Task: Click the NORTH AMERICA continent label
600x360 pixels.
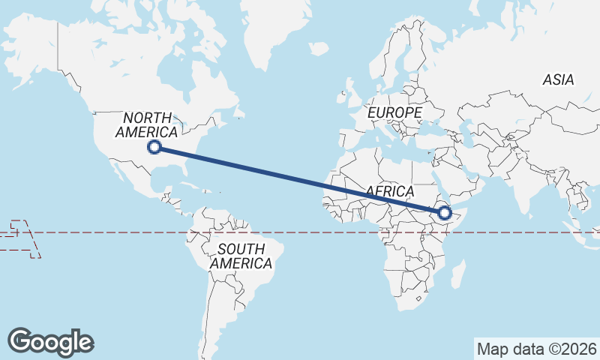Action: click(147, 124)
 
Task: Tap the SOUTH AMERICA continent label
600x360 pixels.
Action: click(241, 256)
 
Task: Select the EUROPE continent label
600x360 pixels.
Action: click(394, 112)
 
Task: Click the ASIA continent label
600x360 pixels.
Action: click(558, 79)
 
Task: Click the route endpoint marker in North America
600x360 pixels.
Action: click(154, 147)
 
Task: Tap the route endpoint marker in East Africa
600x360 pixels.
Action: click(445, 213)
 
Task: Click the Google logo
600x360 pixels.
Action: click(50, 341)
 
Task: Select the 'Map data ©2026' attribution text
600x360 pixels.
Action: click(537, 349)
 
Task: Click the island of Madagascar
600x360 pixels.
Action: click(456, 274)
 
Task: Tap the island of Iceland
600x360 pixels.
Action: click(318, 48)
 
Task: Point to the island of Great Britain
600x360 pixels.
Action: click(349, 94)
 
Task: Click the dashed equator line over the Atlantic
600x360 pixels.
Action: click(300, 232)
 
